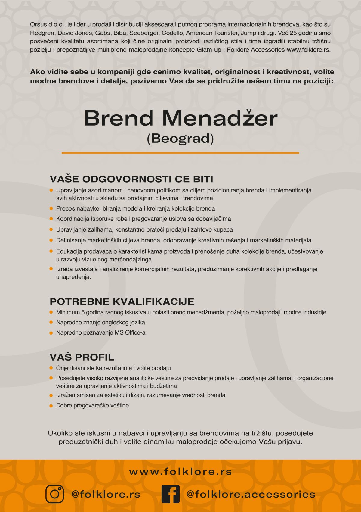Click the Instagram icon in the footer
[x=54, y=494]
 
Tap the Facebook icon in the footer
[x=170, y=494]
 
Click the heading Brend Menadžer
[x=180, y=118]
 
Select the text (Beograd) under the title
[x=180, y=139]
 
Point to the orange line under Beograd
[x=180, y=153]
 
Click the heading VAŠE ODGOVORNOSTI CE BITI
[x=131, y=179]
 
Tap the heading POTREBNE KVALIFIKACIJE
[x=122, y=301]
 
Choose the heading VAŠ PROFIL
[x=82, y=357]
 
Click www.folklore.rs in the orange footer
[x=180, y=472]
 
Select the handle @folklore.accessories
[x=251, y=494]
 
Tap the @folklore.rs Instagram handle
[x=106, y=494]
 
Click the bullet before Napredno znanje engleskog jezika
[x=51, y=323]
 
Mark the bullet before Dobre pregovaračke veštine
[x=51, y=406]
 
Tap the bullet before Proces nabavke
[x=51, y=208]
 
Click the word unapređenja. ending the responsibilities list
[x=73, y=277]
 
